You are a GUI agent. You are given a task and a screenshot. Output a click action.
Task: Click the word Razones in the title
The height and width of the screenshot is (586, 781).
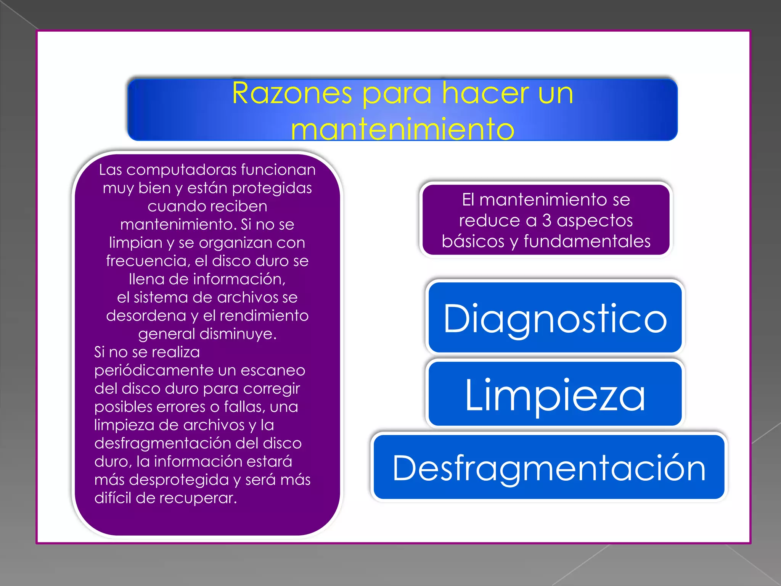click(x=292, y=93)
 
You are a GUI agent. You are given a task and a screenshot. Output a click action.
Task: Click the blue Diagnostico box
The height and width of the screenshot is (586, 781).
click(x=555, y=318)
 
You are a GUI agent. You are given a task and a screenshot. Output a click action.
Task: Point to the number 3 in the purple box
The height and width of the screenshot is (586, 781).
click(x=546, y=221)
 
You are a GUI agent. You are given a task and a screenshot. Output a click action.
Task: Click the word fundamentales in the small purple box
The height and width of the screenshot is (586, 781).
click(x=587, y=241)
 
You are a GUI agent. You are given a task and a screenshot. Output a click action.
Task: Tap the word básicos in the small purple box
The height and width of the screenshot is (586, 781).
click(x=473, y=241)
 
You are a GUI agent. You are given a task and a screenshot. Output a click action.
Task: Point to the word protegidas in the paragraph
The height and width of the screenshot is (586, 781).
click(x=272, y=188)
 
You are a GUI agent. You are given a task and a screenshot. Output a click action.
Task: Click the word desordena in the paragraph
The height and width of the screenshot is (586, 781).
click(x=146, y=316)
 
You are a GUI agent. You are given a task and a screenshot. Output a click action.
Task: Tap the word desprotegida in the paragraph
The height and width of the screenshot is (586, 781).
click(x=179, y=480)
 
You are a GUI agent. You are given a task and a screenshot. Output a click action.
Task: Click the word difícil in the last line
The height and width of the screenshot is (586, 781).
click(x=113, y=498)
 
